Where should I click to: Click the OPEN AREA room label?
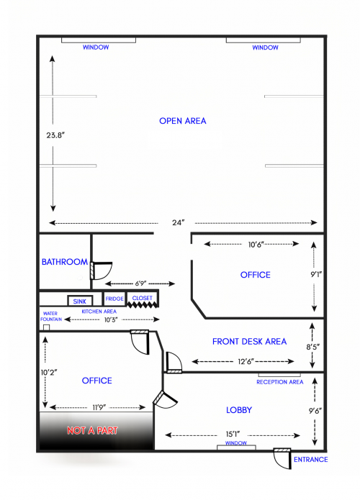(182, 121)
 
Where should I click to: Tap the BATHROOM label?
(65, 262)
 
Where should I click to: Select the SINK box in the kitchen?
(78, 301)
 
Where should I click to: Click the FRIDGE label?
(114, 299)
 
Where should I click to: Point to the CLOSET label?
(142, 298)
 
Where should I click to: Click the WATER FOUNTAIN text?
(50, 316)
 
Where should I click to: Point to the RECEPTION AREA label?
(279, 382)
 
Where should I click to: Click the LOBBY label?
(238, 409)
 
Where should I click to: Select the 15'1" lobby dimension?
(233, 434)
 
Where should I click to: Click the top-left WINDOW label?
(96, 47)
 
